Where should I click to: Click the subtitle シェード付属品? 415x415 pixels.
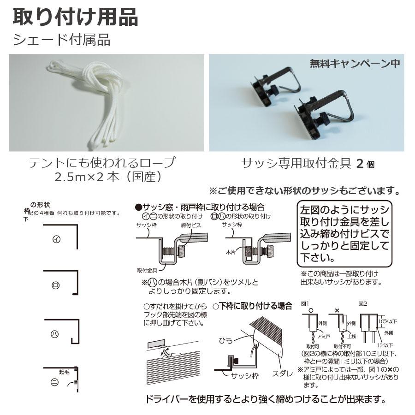click(62, 40)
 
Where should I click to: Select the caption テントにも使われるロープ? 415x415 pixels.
click(102, 163)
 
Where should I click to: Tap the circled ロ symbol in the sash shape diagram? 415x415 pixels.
click(56, 285)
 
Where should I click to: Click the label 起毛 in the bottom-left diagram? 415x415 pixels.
click(64, 370)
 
